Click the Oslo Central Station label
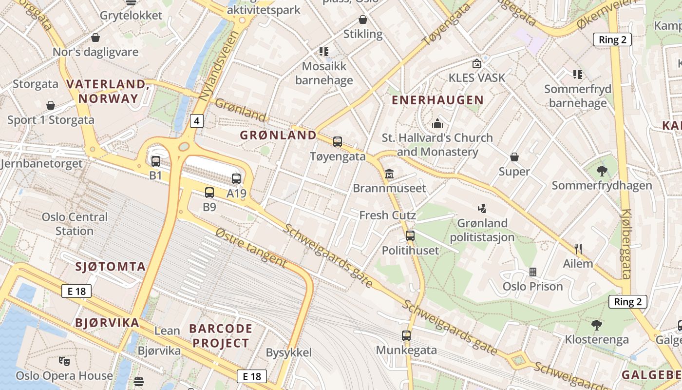tap(75, 224)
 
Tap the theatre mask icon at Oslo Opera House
tap(64, 361)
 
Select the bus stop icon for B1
tap(155, 161)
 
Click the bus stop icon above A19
tap(236, 179)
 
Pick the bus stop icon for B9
tap(209, 193)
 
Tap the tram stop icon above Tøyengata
tap(338, 142)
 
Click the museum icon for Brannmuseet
tap(389, 174)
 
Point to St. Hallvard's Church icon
tap(437, 123)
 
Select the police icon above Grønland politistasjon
tap(482, 209)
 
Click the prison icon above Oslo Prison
tap(533, 272)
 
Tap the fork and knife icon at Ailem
tap(578, 249)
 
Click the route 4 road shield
tap(196, 120)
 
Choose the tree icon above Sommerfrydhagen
tap(602, 171)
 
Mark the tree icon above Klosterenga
tap(596, 325)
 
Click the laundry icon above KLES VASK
tap(477, 63)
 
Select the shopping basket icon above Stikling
tap(363, 19)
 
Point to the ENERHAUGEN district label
tap(437, 100)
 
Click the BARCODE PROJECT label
tap(221, 335)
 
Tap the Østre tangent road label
tap(251, 247)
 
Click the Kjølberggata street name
tap(626, 244)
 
